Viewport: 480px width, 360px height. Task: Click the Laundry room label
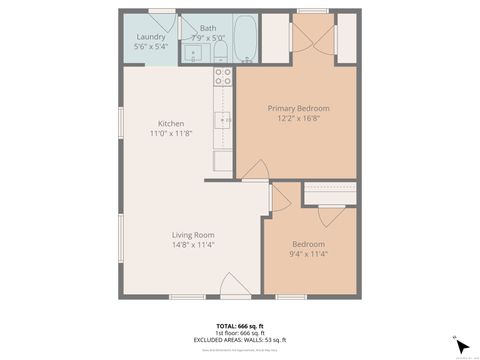[x=151, y=37]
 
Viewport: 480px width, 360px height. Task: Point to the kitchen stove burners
[x=224, y=77]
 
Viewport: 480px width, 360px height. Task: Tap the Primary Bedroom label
[x=298, y=108]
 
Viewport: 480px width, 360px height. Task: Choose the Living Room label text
[x=193, y=235]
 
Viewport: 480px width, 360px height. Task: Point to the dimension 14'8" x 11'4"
[x=193, y=245]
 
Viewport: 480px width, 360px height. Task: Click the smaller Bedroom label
[x=308, y=244]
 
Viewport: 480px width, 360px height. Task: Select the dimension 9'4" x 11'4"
[x=308, y=254]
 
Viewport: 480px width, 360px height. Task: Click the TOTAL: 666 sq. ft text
[x=240, y=326]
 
